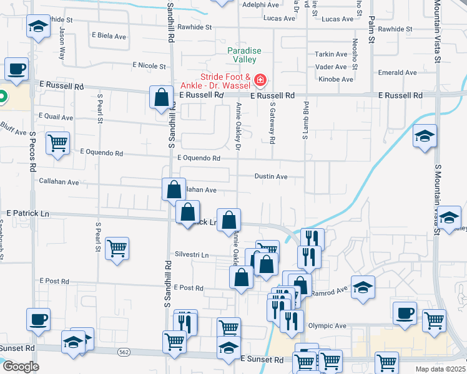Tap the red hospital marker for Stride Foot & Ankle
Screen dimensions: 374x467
260,80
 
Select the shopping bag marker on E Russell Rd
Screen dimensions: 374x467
161,98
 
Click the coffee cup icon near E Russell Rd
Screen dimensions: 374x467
17,69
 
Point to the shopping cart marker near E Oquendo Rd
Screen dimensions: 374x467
57,143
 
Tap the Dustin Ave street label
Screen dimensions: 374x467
271,177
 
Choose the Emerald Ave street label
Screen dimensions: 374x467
398,73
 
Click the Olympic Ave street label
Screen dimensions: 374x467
327,326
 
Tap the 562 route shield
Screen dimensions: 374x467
123,352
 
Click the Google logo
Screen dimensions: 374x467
20,366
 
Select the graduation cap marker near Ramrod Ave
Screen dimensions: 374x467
363,288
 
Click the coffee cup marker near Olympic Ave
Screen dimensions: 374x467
405,314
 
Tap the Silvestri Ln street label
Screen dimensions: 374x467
192,256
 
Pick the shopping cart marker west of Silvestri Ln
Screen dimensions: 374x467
117,249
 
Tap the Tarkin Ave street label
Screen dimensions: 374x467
331,54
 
